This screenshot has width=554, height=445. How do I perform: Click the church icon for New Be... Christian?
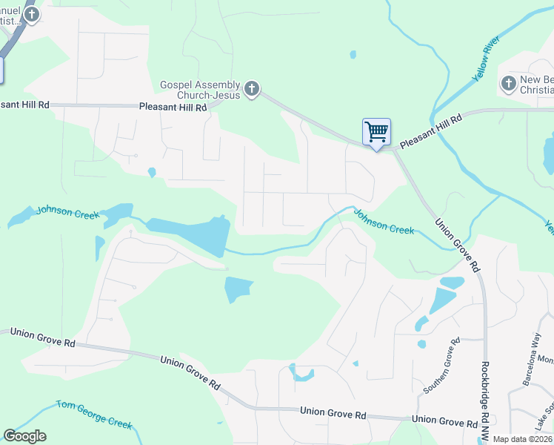pos(508,83)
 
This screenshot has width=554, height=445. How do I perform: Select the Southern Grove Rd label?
pos(441,366)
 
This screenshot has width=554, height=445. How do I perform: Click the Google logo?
pos(24,436)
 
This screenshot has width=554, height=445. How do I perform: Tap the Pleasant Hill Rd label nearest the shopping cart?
pos(430,131)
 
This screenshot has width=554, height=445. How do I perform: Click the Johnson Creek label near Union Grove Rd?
pos(384,221)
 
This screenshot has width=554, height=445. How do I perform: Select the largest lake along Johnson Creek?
pos(189,234)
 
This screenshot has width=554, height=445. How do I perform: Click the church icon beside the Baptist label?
pos(31,14)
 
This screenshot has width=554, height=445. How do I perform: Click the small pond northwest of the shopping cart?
pos(353,54)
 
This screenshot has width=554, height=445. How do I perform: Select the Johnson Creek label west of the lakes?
pos(67,213)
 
